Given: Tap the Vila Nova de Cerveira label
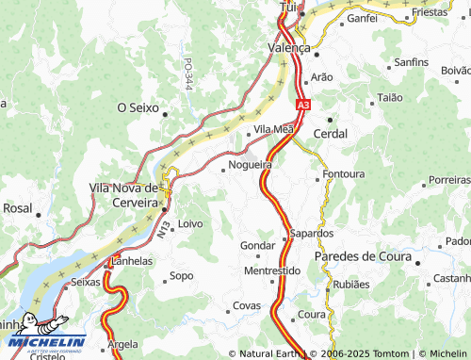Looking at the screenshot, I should tap(123, 194).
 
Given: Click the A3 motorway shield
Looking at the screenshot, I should tap(301, 106).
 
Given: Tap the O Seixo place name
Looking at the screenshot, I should tap(138, 108).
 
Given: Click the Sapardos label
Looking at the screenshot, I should tap(312, 233).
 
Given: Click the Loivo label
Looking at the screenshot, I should tap(189, 223).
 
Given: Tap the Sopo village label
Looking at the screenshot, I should tap(180, 277).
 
